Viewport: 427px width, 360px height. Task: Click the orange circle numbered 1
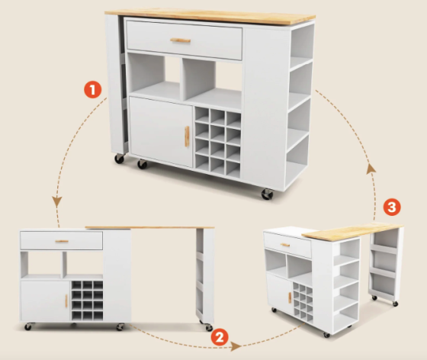(92, 90)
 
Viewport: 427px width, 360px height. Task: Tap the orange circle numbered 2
(220, 337)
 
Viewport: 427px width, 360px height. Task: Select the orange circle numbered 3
(392, 207)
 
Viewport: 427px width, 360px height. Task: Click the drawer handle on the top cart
(180, 40)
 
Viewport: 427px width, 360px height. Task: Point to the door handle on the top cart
(187, 137)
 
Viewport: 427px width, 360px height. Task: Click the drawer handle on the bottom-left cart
(62, 241)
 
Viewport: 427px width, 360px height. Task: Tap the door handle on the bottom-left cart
(66, 301)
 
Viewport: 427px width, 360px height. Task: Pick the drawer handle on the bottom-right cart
(285, 245)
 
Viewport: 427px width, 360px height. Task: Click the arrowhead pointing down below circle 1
(57, 201)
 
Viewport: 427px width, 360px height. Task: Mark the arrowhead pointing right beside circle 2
(236, 346)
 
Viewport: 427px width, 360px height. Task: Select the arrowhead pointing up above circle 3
(371, 169)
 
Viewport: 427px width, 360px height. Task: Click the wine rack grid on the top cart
(217, 143)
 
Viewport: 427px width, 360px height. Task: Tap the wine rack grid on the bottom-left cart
(87, 301)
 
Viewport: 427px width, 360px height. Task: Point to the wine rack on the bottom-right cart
(303, 302)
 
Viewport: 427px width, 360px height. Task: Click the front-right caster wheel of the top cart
(267, 194)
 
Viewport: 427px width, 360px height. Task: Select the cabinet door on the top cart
(161, 132)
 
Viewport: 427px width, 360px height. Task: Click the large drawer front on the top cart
(185, 40)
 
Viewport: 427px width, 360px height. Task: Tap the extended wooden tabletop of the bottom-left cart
(149, 227)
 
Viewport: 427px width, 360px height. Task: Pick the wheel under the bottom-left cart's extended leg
(208, 327)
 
